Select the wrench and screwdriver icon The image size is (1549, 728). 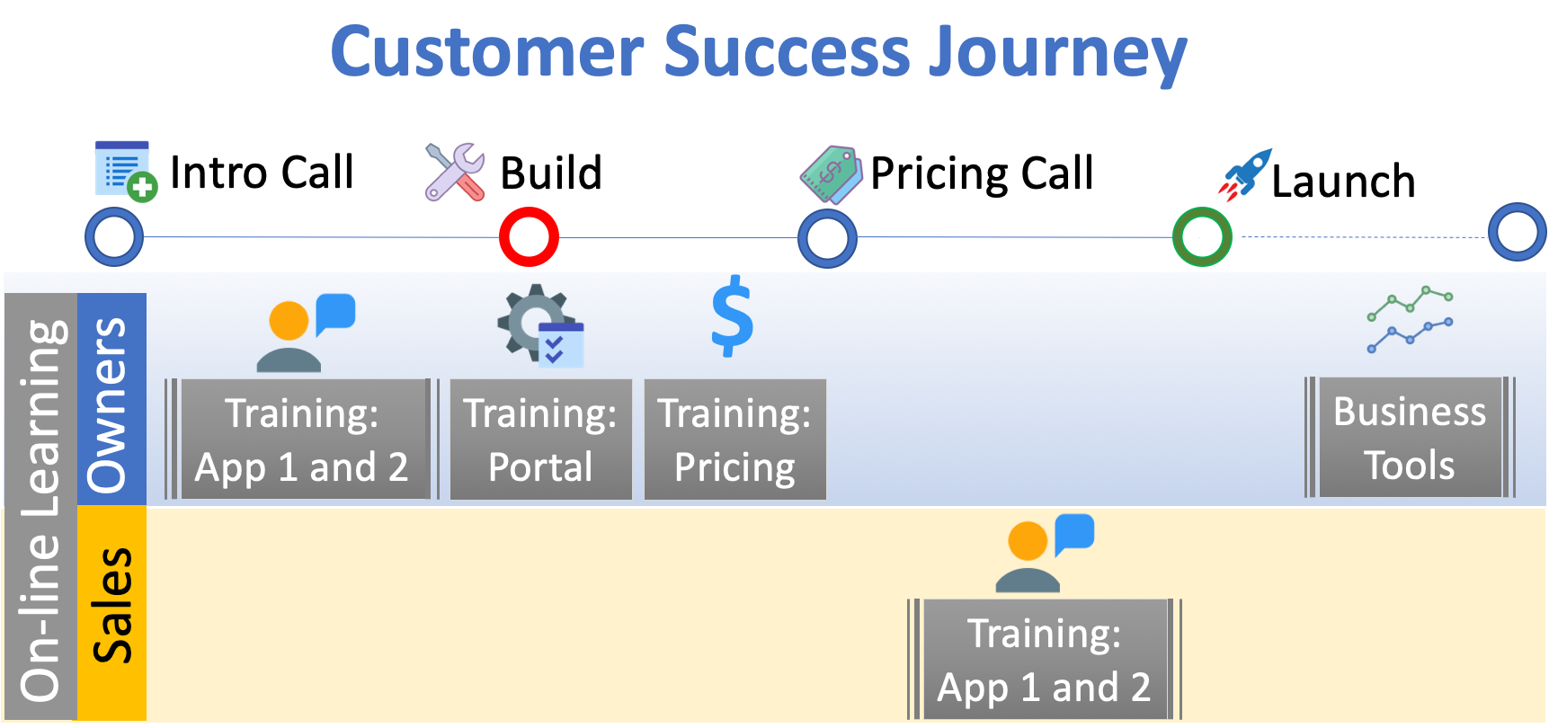pos(455,172)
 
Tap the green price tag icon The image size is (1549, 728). pos(832,174)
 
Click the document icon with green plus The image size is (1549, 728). pos(126,171)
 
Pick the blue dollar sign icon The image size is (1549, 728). pos(733,315)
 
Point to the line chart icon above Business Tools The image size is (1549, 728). pos(1410,319)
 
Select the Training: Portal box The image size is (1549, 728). pos(540,439)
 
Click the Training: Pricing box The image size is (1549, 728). pos(734,439)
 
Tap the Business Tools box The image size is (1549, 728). pos(1410,438)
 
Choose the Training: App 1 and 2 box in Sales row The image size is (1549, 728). pos(1044,659)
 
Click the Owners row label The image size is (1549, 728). pos(111,399)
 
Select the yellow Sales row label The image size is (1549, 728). pos(111,612)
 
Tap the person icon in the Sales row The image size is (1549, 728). pos(1045,553)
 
